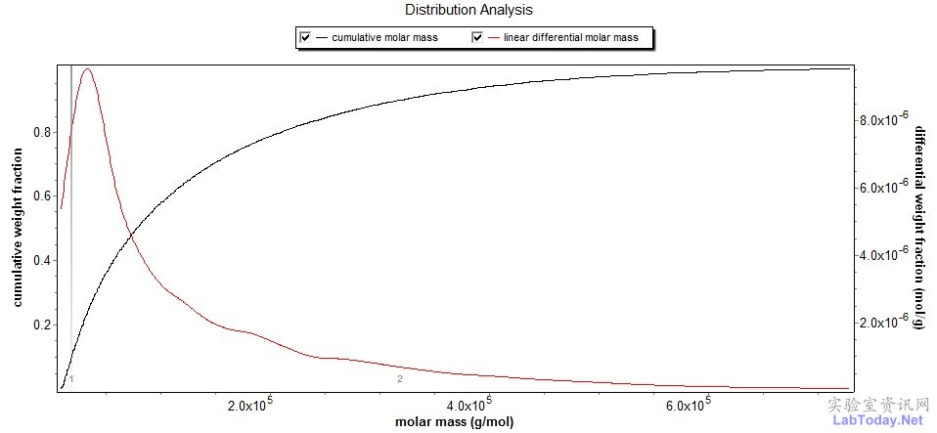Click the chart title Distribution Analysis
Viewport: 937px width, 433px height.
468,10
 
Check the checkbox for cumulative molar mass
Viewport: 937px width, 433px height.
305,38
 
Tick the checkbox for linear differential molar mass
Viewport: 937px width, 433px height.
478,38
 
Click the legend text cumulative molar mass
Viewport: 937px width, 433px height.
384,38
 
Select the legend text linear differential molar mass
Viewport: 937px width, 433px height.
570,38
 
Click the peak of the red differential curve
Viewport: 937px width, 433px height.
88,69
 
